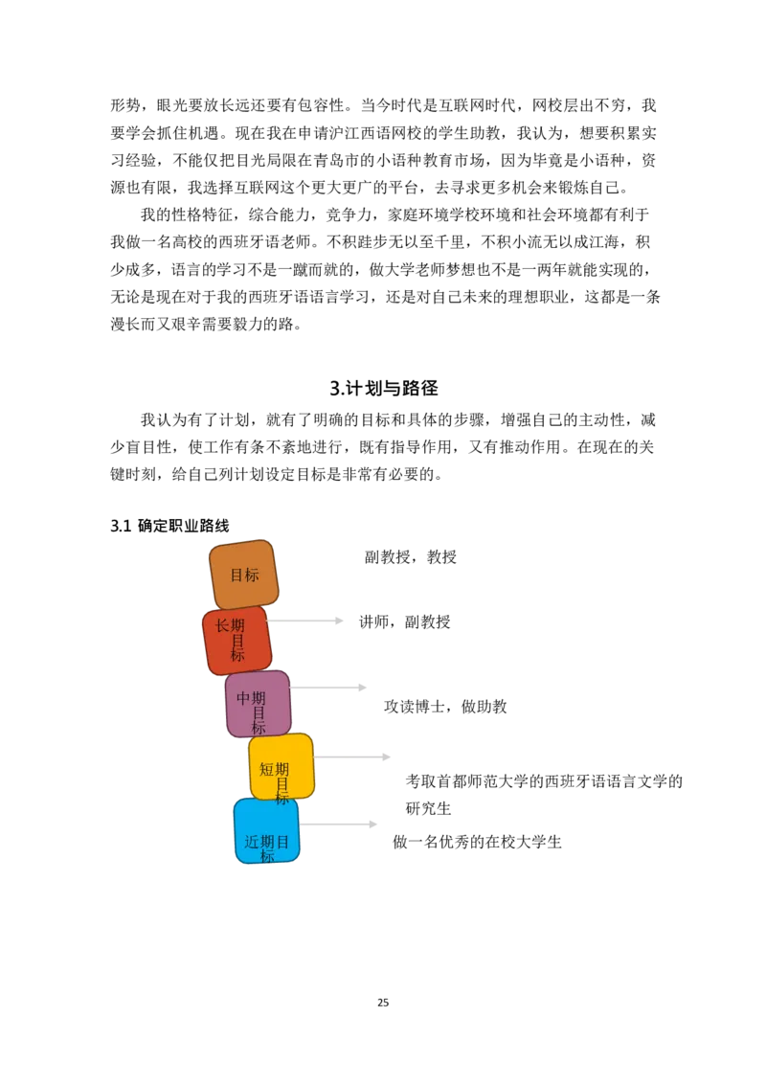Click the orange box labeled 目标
click(x=243, y=574)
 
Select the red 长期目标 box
click(x=237, y=640)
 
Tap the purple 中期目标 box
click(x=258, y=704)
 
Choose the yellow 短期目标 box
click(x=282, y=766)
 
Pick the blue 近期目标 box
click(x=266, y=830)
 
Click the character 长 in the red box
click(x=222, y=625)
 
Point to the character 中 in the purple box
click(x=244, y=698)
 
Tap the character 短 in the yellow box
click(x=267, y=769)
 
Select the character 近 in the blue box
click(x=252, y=842)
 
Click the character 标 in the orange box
click(x=252, y=575)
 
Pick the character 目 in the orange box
click(x=237, y=575)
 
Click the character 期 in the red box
click(x=237, y=625)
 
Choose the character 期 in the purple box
click(x=259, y=698)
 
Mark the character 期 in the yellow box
click(x=282, y=769)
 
